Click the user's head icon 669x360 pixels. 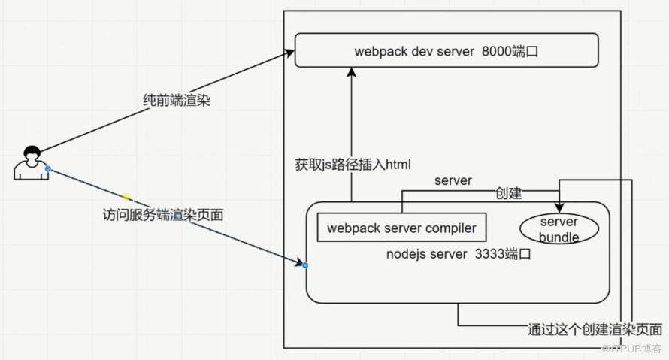point(32,153)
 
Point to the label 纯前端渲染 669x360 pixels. point(177,101)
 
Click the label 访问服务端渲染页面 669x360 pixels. point(163,214)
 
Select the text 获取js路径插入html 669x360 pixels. point(353,165)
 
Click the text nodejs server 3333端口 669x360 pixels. point(459,254)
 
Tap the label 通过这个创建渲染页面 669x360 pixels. point(595,329)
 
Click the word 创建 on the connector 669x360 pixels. point(509,193)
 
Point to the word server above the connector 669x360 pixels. point(453,181)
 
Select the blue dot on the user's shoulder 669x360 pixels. point(48,169)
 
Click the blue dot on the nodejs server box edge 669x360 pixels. point(305,265)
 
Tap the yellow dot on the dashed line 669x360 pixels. point(126,197)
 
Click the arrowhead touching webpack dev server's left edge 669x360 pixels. point(289,53)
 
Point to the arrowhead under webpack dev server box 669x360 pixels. point(352,72)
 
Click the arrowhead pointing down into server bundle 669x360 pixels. point(559,207)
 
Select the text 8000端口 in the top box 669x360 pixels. point(510,52)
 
